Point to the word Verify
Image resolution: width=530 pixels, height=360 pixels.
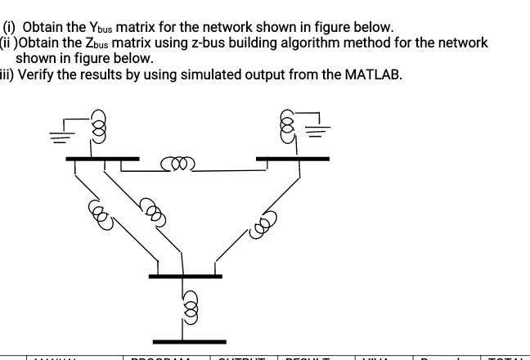36,74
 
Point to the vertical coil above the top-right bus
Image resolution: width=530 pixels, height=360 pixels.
287,127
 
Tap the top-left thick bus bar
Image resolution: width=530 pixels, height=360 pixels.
101,158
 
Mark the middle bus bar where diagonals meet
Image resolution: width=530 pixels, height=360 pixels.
185,276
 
